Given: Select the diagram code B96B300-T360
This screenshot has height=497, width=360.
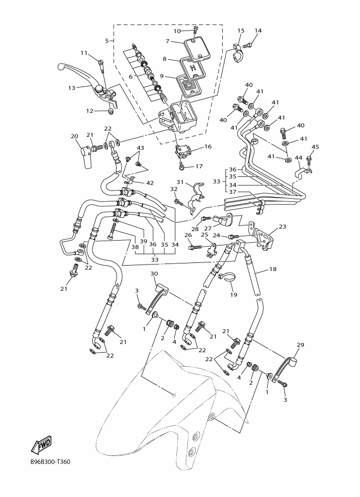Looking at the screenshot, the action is [x=50, y=462].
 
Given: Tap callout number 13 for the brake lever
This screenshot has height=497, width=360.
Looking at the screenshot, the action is [x=72, y=88].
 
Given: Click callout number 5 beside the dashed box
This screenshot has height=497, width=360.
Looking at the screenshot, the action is [x=107, y=41].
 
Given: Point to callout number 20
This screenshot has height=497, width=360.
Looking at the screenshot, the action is [x=74, y=136].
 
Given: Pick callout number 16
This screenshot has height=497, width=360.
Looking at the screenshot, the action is [x=208, y=147].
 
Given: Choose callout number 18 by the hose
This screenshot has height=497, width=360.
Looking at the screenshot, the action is [x=273, y=269].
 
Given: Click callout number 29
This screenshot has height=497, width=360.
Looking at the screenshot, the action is [x=300, y=345].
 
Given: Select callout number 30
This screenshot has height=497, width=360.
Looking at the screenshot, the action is [x=154, y=273].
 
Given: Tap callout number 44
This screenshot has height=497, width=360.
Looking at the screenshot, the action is [x=298, y=158].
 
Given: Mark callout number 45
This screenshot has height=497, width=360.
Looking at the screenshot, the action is [x=315, y=147].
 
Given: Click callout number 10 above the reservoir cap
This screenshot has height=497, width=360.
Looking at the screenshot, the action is [x=177, y=31].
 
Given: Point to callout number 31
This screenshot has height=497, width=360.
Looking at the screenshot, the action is [x=180, y=182].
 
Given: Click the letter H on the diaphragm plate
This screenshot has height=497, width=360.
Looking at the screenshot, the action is [x=192, y=67].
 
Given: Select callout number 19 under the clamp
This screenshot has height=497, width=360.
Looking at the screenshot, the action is [x=234, y=295].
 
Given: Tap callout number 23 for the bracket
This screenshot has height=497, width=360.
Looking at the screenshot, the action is [x=282, y=226].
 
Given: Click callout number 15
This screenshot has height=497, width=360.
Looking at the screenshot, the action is [x=241, y=30].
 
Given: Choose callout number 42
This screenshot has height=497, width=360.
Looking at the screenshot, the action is [x=150, y=183].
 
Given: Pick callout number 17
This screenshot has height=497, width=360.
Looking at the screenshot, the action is [x=199, y=167].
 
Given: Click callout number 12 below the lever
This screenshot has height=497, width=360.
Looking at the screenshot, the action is [x=90, y=111].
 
